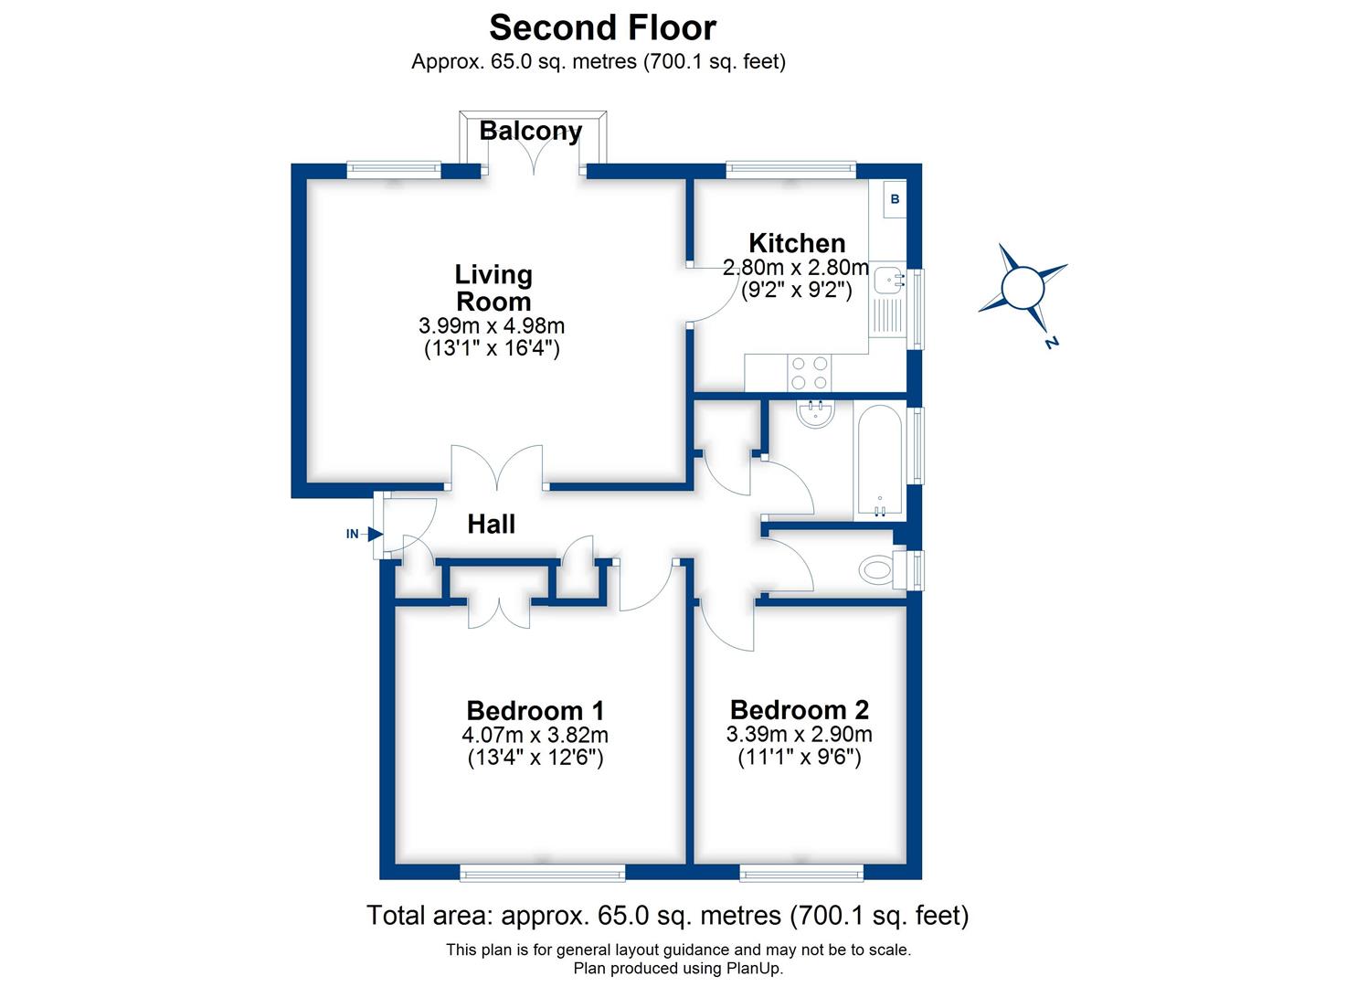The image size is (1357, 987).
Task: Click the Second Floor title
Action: (602, 27)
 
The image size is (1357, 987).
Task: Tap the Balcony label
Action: (530, 132)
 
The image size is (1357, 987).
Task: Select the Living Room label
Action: (493, 287)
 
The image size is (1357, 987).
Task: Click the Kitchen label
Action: (796, 243)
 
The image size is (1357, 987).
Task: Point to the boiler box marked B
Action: (895, 199)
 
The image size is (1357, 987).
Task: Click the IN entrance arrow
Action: (374, 534)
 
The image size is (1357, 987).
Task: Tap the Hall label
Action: (491, 525)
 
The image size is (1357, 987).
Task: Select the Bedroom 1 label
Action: (535, 710)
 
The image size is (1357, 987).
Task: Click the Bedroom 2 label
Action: (799, 709)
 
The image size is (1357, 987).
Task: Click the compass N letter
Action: (1051, 344)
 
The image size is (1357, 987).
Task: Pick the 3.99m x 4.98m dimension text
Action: (491, 325)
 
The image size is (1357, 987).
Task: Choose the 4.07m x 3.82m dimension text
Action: (535, 735)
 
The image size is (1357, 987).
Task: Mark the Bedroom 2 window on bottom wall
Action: (801, 875)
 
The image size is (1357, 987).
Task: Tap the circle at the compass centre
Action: (1022, 287)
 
